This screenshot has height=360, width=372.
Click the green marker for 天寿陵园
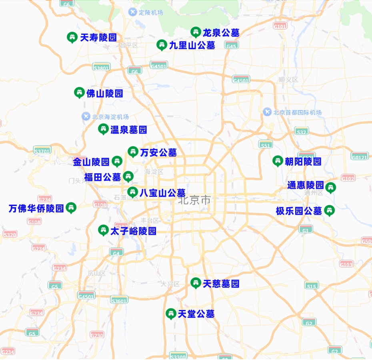coord(72,37)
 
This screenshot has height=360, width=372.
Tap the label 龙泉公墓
coord(221,32)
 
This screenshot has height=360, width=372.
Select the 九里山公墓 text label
coord(192,45)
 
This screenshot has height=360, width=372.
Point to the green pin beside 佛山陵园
coord(79,93)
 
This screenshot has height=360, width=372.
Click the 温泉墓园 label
coord(128,130)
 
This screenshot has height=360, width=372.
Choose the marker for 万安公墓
coord(133,152)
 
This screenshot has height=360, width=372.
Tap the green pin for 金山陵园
coord(117,161)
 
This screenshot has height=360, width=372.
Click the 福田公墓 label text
coord(102,177)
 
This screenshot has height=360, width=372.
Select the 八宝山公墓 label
coord(162,193)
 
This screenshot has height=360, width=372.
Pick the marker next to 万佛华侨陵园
coord(71,208)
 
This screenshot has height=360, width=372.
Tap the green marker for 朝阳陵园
coord(278,161)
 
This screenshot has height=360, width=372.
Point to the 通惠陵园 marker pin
coord(330,187)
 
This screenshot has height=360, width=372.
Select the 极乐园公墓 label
coord(299,211)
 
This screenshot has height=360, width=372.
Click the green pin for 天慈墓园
coord(196,283)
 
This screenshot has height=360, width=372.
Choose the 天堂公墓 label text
coord(196,314)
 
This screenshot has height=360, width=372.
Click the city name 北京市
coord(194,200)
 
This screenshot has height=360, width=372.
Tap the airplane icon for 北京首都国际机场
coord(268,112)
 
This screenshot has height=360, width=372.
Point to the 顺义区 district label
coord(288,80)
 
